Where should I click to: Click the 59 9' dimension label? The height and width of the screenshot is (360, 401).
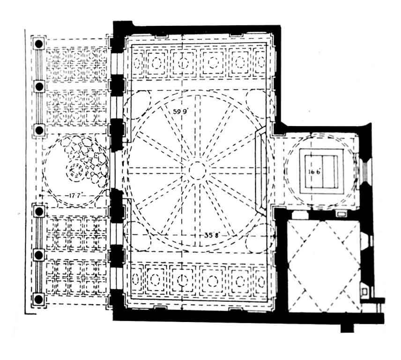point(180,111)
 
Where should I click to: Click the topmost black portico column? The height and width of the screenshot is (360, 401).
point(39,43)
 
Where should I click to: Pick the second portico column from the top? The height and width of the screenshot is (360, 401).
point(39,86)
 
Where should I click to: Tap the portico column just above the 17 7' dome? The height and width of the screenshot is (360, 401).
point(39,129)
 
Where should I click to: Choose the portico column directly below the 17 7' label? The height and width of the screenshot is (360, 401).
point(39,210)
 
